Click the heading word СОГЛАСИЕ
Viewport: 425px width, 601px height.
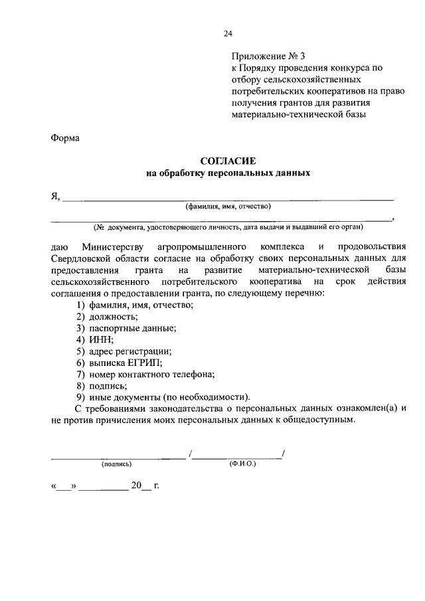click(x=228, y=161)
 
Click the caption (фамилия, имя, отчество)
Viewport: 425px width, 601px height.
click(x=228, y=206)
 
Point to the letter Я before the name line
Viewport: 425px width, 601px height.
click(x=56, y=196)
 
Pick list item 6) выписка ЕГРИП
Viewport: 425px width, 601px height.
click(x=118, y=363)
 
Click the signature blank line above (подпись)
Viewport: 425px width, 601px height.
click(x=119, y=456)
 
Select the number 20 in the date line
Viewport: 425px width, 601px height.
click(x=136, y=487)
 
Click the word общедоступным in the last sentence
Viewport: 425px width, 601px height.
click(x=311, y=420)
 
